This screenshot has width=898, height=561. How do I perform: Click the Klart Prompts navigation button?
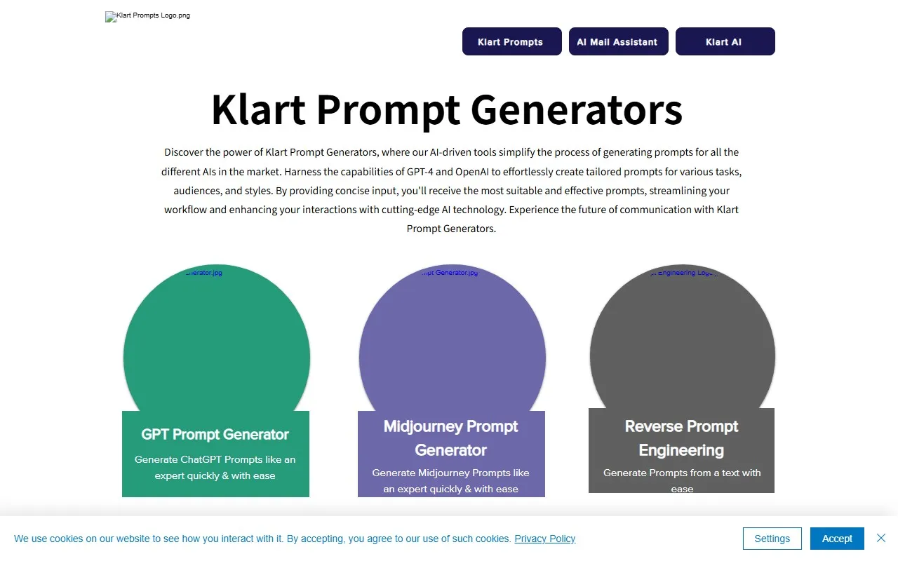(511, 41)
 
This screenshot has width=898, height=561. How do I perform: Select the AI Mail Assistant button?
(618, 41)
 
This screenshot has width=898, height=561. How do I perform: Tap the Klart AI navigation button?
(725, 41)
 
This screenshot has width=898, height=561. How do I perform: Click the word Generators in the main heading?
(576, 109)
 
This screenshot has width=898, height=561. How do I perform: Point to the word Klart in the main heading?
(258, 109)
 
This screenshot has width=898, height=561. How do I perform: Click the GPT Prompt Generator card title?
(215, 434)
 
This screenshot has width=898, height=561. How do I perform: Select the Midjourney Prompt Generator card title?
(451, 438)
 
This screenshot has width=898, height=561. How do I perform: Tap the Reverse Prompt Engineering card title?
(681, 438)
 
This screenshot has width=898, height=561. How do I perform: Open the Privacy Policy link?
(545, 539)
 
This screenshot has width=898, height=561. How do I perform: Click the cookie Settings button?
(772, 539)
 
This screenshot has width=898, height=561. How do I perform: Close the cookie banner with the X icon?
(881, 538)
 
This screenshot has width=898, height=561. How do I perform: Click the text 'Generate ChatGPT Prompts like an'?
(215, 459)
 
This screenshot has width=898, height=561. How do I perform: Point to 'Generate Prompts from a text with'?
(682, 473)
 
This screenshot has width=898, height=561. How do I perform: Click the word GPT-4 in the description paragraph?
(419, 171)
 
